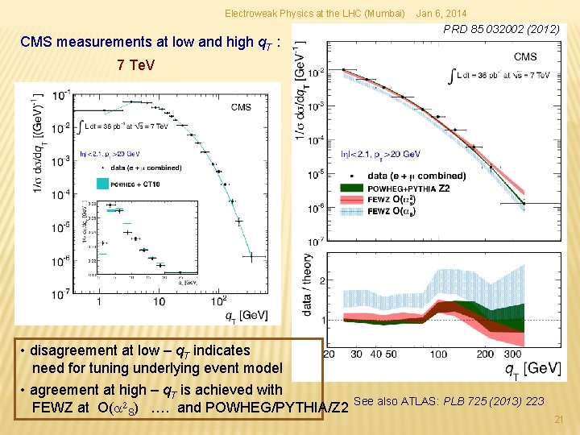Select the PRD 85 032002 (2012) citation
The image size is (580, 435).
[x=502, y=30]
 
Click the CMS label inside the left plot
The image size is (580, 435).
[x=241, y=106]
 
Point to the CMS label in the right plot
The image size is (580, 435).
[x=524, y=56]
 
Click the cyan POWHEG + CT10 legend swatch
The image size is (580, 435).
[x=102, y=184]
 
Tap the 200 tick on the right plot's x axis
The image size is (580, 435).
[x=485, y=354]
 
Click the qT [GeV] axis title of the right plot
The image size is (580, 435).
[x=532, y=368]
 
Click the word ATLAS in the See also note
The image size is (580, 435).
[x=419, y=401]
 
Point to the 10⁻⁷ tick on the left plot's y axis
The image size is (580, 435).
[x=60, y=295]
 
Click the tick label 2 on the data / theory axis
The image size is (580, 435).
[x=322, y=280]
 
